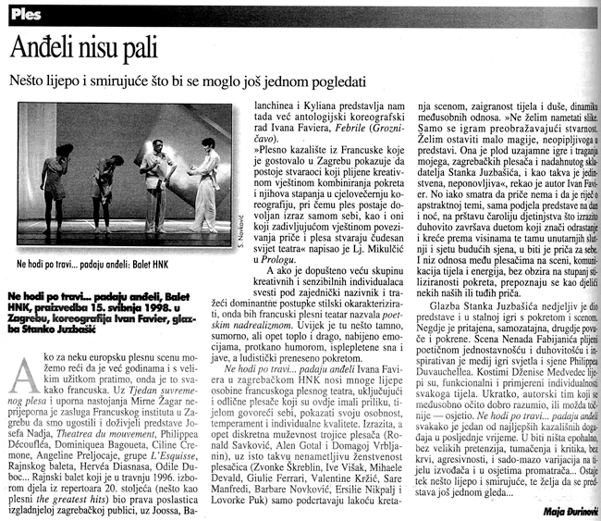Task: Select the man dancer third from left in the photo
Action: [x=157, y=171]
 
